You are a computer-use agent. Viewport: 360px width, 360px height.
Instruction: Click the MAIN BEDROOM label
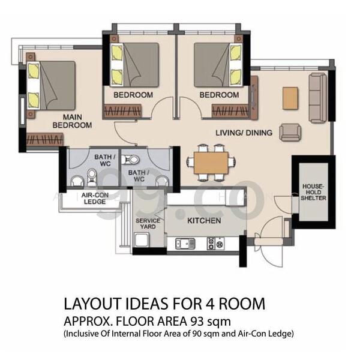click(73, 121)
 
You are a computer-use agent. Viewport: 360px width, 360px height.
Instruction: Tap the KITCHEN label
click(204, 221)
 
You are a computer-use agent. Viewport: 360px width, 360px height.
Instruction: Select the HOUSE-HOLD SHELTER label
click(313, 192)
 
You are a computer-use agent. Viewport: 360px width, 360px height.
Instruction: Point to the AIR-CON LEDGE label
click(95, 199)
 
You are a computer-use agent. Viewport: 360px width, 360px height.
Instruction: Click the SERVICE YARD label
click(148, 224)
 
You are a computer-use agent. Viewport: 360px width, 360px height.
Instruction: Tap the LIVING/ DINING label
click(244, 133)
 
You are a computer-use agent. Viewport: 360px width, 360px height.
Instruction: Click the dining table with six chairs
click(211, 163)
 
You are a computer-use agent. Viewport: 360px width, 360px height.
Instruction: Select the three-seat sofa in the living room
click(318, 98)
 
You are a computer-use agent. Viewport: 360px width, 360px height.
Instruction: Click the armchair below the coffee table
click(290, 133)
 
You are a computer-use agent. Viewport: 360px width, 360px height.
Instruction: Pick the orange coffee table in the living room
click(290, 98)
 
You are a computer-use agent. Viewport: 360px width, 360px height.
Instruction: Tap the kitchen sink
click(185, 244)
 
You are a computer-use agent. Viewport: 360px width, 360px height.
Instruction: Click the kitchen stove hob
click(215, 244)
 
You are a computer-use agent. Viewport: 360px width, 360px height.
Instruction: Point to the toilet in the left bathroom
click(92, 178)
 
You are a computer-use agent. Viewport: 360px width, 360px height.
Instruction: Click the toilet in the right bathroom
click(130, 160)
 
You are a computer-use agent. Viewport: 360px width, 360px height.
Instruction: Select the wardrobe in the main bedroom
click(45, 139)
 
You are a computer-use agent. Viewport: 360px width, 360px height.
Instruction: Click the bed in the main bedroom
click(51, 85)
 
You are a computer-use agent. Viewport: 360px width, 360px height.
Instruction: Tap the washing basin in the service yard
click(142, 240)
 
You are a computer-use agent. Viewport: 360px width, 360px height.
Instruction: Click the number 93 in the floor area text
click(197, 322)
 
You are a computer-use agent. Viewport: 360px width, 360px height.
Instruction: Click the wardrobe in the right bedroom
click(230, 111)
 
